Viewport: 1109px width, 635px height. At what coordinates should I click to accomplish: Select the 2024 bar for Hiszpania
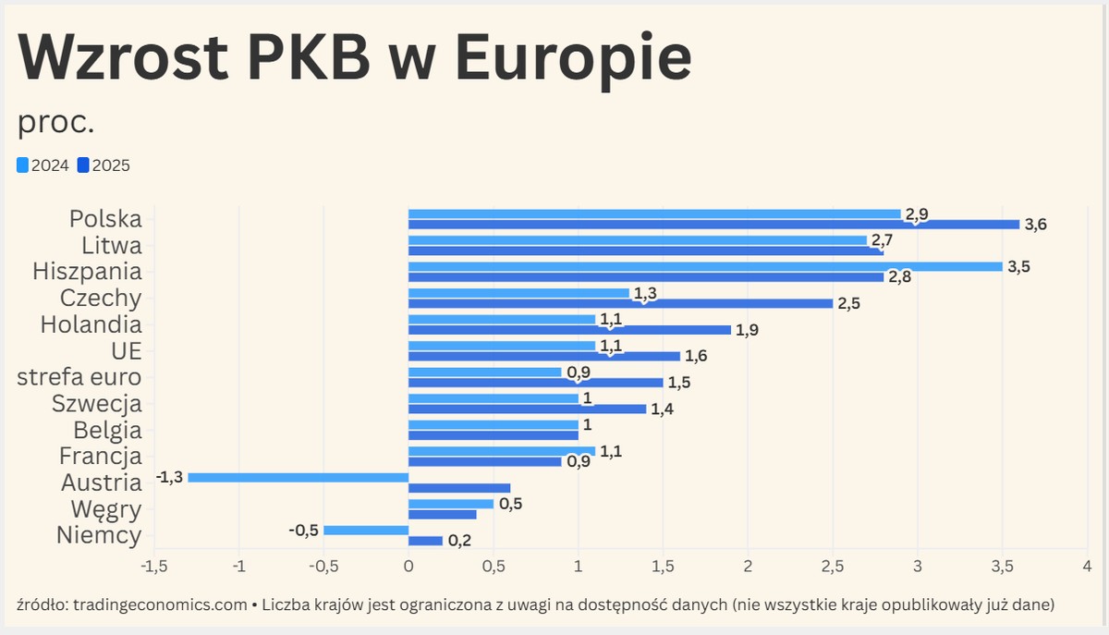pos(704,266)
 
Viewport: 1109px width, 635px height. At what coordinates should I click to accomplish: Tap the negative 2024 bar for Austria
pos(298,477)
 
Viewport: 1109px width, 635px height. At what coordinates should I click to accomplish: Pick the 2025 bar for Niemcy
pos(425,541)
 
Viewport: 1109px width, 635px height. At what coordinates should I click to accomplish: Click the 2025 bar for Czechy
pos(619,303)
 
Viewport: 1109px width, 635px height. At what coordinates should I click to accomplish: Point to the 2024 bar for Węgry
pos(450,504)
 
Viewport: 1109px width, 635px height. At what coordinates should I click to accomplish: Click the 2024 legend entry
pos(43,165)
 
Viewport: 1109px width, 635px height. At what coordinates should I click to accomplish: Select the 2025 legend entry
pos(104,165)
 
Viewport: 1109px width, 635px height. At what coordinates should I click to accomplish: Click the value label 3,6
pos(1035,225)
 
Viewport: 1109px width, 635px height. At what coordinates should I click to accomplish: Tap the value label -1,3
pos(170,477)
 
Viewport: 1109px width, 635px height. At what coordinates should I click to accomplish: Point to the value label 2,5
pos(848,303)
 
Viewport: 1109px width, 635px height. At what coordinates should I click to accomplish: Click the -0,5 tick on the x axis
pos(323,565)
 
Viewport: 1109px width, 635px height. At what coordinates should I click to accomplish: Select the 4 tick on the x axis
pos(1087,565)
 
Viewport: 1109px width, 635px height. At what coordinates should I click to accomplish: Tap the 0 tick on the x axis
pos(408,565)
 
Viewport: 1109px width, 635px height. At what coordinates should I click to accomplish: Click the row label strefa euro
pos(79,377)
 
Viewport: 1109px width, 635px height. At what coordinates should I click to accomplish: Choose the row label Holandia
pos(91,324)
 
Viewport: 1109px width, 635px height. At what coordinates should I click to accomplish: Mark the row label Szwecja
pos(96,404)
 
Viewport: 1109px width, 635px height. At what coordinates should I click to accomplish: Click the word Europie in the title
pos(573,57)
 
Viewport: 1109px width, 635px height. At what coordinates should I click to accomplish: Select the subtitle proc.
pos(56,121)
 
